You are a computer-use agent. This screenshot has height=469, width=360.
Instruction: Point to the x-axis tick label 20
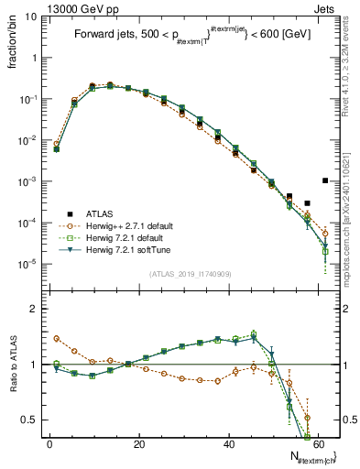coord(139,443)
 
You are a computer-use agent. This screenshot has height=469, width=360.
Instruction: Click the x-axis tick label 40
coord(229,443)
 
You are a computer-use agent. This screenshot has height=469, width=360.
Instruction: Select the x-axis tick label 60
coord(318,443)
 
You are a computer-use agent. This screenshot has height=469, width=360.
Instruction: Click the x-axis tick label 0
coord(49,443)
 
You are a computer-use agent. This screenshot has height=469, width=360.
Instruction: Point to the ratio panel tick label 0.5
coord(29,420)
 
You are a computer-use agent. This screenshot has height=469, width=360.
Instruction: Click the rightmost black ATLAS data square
coord(325,180)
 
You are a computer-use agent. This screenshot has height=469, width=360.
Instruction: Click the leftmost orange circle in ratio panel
coord(57,338)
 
